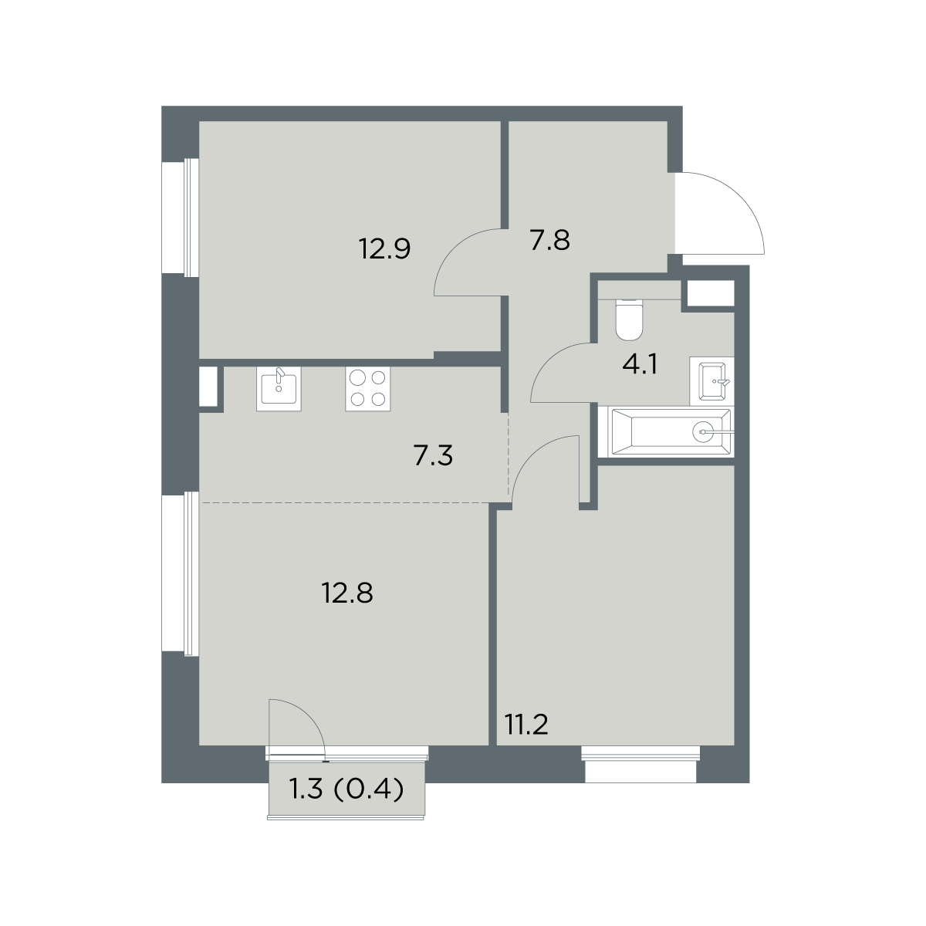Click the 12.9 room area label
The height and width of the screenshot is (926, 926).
point(385,249)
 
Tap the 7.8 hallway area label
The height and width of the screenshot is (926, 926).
point(549,241)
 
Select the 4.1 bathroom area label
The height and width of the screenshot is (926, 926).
point(640,364)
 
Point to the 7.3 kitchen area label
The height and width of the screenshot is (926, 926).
point(433,456)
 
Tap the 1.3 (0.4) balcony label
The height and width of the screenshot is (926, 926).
point(346,789)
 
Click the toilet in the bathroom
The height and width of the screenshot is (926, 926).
point(629,319)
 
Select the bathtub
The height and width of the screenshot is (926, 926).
point(671,432)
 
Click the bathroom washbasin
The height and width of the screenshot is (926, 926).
point(712,381)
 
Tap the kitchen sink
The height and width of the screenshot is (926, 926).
point(279,389)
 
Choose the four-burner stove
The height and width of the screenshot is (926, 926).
point(367,389)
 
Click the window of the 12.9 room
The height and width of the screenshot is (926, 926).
point(181,218)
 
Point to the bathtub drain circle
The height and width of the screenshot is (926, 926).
point(704,432)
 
